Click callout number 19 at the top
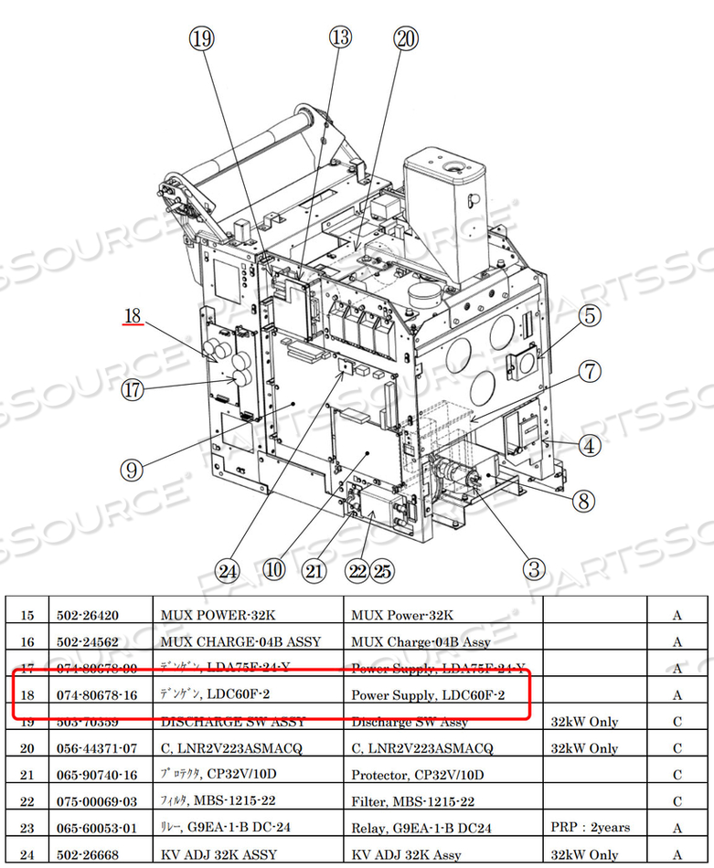(x=201, y=38)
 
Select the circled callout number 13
(x=340, y=37)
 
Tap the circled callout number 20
(x=405, y=38)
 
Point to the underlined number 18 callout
(x=133, y=316)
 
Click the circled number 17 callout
(x=134, y=389)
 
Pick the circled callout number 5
(x=590, y=316)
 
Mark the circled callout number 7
(x=590, y=372)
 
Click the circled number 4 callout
(x=590, y=446)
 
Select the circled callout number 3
(x=535, y=569)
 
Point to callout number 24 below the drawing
(x=227, y=572)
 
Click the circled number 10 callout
(x=273, y=570)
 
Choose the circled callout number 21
(x=314, y=572)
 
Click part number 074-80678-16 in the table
(x=104, y=695)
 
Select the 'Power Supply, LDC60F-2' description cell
(x=428, y=695)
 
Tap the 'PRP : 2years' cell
(x=590, y=828)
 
